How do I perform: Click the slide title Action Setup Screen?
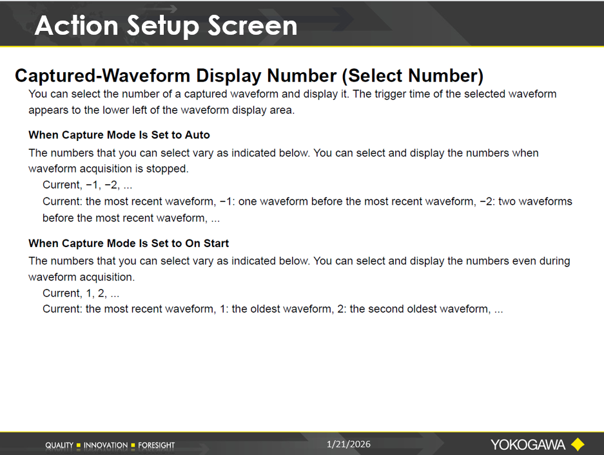[166, 26]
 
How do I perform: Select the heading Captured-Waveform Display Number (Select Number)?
[249, 76]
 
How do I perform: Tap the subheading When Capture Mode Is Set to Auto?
[119, 135]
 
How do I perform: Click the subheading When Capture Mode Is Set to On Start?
[129, 243]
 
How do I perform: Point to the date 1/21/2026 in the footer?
[349, 444]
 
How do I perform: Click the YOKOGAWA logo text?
[528, 445]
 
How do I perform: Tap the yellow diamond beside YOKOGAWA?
[578, 445]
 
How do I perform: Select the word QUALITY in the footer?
[59, 445]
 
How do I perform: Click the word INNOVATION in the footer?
[106, 445]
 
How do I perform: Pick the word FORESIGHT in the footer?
[157, 445]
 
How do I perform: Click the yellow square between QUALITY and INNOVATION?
[79, 445]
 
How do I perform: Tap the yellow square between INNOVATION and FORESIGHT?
[133, 445]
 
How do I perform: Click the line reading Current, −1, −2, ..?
[88, 185]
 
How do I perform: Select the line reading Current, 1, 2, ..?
[81, 293]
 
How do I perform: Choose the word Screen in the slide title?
[253, 26]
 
